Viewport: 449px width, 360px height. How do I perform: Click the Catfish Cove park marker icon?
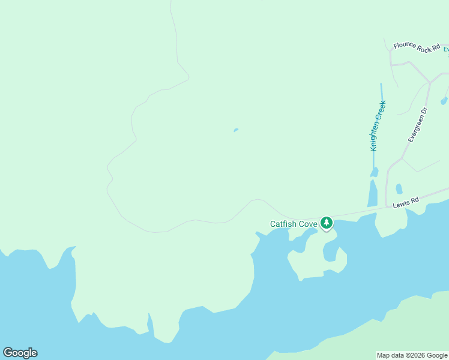[326, 223]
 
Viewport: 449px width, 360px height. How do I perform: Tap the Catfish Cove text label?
[294, 224]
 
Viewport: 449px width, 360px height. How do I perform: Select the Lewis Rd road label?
[405, 204]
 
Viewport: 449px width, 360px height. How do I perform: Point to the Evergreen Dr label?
[417, 125]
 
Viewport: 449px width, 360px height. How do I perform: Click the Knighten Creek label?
[378, 125]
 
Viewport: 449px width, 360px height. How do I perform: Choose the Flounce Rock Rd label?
[417, 47]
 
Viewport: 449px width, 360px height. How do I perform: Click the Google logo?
[20, 353]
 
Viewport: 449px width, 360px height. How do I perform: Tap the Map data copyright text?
[412, 355]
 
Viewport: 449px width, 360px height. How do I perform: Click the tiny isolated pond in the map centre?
[236, 130]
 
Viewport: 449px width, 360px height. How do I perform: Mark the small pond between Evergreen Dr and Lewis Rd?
[399, 188]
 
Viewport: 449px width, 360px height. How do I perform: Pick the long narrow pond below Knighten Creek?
[372, 193]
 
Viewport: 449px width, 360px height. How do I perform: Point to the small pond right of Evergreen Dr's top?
[444, 101]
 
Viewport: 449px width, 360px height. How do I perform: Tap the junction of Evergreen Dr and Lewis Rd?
[387, 208]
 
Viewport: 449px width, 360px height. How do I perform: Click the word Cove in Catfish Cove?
[307, 224]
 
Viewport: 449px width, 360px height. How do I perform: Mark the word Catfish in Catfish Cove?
[283, 224]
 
